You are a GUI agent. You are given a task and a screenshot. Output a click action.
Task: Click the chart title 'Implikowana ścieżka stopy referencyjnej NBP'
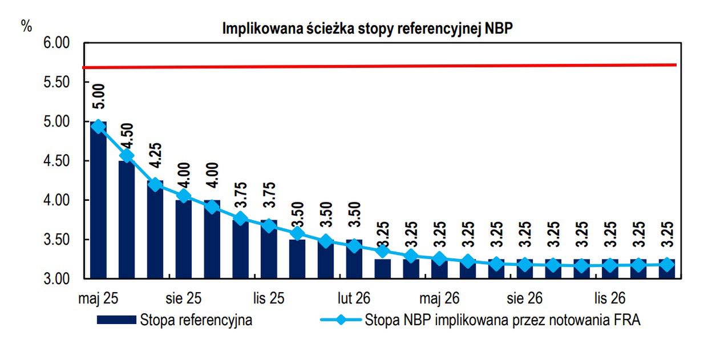click(x=367, y=29)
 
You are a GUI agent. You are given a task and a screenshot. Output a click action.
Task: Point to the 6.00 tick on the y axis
click(x=56, y=43)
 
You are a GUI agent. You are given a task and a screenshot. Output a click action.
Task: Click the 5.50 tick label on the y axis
click(x=56, y=83)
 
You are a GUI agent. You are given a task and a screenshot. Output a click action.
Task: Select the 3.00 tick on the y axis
click(x=56, y=279)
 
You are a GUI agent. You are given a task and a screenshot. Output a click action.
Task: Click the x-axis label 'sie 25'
click(x=184, y=298)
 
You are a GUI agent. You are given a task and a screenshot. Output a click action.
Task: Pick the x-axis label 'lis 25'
click(x=268, y=298)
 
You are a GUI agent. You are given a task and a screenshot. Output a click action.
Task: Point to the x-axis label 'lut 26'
click(x=354, y=298)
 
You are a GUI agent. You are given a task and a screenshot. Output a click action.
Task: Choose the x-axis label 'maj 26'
click(x=439, y=298)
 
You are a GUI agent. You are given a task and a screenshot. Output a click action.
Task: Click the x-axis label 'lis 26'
click(x=610, y=298)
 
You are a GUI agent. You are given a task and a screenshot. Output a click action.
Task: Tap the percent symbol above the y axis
click(x=27, y=26)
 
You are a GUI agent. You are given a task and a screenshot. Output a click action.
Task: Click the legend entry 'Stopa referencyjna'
click(x=196, y=320)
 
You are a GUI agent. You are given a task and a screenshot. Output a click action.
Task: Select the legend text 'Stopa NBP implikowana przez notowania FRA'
click(x=502, y=320)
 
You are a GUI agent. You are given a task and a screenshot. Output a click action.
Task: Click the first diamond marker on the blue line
click(x=99, y=126)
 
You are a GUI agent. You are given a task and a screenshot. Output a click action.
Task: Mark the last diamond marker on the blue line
click(x=667, y=264)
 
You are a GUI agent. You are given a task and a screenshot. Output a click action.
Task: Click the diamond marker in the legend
click(x=341, y=320)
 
